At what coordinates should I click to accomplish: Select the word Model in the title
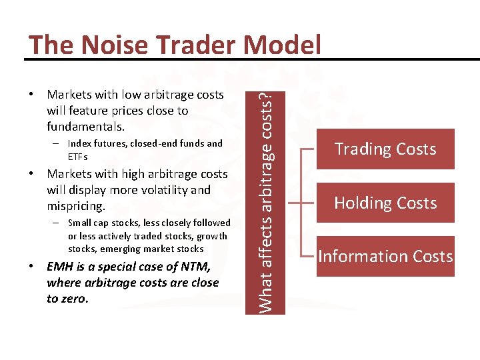pos(284,45)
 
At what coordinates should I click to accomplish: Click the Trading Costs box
pos(385,149)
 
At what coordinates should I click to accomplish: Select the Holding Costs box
pos(385,203)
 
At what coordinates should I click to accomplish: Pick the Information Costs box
pos(385,257)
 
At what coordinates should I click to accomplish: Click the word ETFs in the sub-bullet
pos(77,157)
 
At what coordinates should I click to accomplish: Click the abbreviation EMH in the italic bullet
pos(60,267)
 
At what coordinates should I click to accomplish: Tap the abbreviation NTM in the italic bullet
pos(194,267)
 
